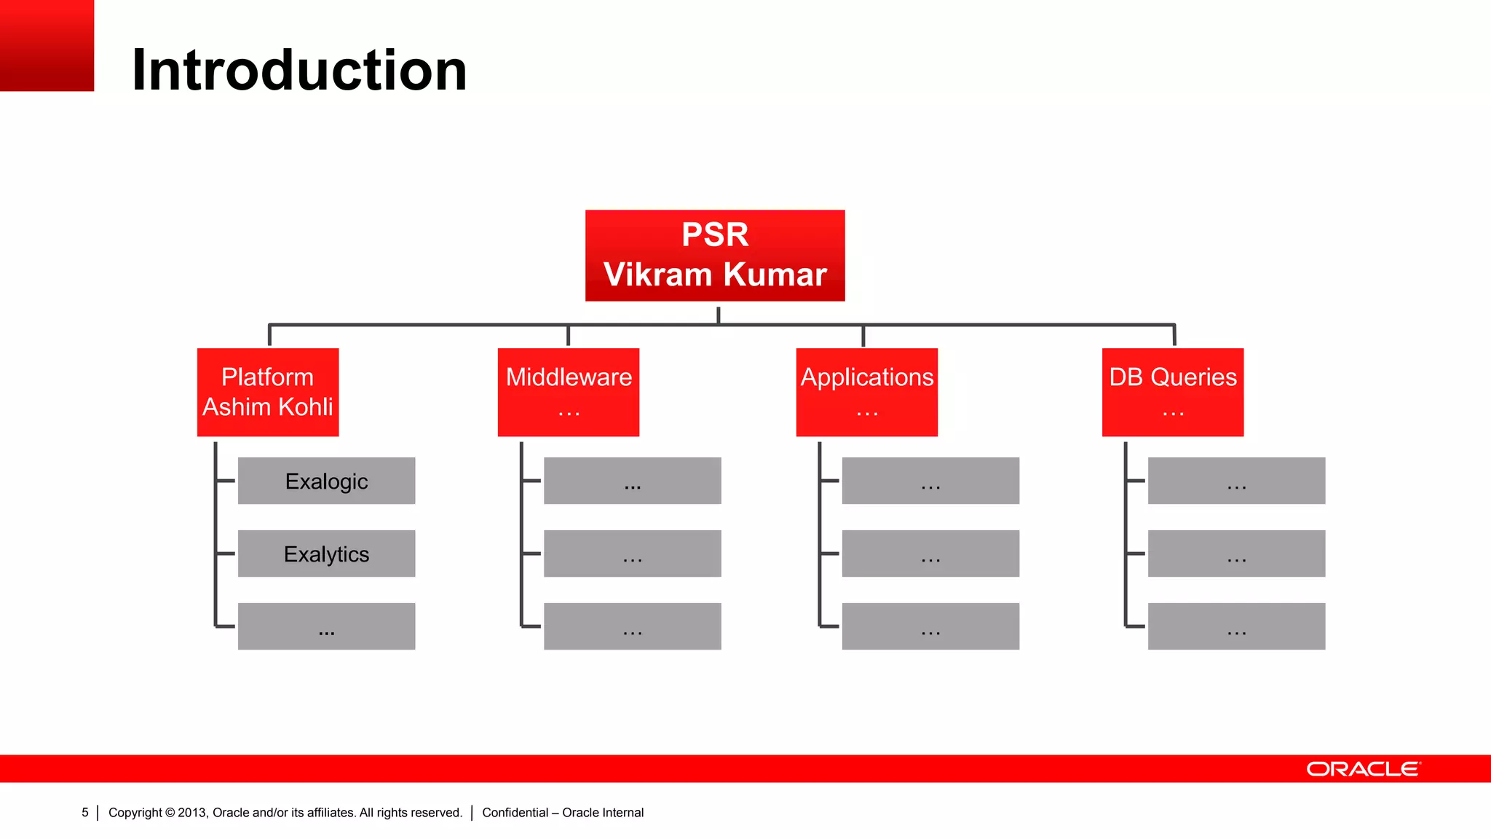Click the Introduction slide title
click(298, 70)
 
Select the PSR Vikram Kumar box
click(715, 255)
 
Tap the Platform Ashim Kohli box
click(268, 392)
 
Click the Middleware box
click(569, 392)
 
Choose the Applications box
click(866, 392)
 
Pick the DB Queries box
click(1172, 392)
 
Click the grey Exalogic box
click(326, 481)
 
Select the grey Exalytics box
click(326, 554)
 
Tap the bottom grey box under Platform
click(326, 626)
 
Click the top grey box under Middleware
click(632, 481)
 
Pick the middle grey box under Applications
click(930, 554)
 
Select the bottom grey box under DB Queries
click(1236, 626)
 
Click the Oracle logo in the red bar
click(1363, 769)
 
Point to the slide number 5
click(85, 812)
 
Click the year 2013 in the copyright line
click(192, 812)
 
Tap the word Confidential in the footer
click(515, 812)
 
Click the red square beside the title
click(47, 45)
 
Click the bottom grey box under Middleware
click(632, 626)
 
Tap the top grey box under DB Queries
click(1236, 481)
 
